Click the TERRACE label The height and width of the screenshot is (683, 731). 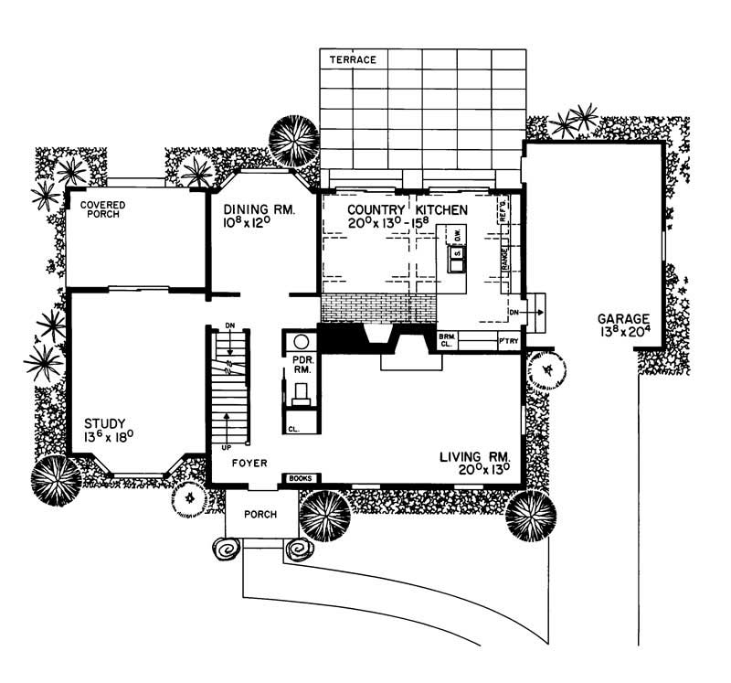[353, 59]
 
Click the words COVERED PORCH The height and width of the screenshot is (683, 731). [101, 209]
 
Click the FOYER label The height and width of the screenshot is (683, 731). [249, 464]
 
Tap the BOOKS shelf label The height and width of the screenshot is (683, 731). [301, 478]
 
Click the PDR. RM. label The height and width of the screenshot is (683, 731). [302, 366]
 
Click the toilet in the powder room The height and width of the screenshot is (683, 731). [301, 394]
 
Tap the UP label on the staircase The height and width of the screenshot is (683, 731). [226, 449]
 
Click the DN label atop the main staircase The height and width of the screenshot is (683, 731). [230, 326]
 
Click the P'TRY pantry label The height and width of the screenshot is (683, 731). [508, 341]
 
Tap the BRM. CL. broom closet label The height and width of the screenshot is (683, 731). [447, 341]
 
